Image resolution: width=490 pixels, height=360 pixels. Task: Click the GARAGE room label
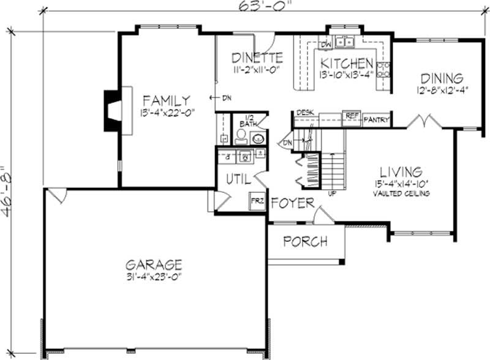tap(154, 264)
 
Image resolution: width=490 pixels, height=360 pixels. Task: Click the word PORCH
tap(305, 241)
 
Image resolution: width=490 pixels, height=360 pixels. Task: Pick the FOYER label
tap(293, 203)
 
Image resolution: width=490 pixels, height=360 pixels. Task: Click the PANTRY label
tap(377, 120)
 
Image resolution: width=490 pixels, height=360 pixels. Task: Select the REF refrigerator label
tap(352, 115)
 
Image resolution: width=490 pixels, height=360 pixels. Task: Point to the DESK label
tap(304, 113)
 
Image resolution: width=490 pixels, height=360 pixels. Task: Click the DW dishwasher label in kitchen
tap(326, 45)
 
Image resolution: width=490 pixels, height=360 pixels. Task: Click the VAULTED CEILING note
tap(399, 193)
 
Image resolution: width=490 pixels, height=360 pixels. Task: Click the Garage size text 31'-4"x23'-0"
tap(154, 277)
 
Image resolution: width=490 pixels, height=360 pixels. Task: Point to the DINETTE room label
tap(257, 58)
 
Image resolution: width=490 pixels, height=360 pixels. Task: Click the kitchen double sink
tap(346, 43)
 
